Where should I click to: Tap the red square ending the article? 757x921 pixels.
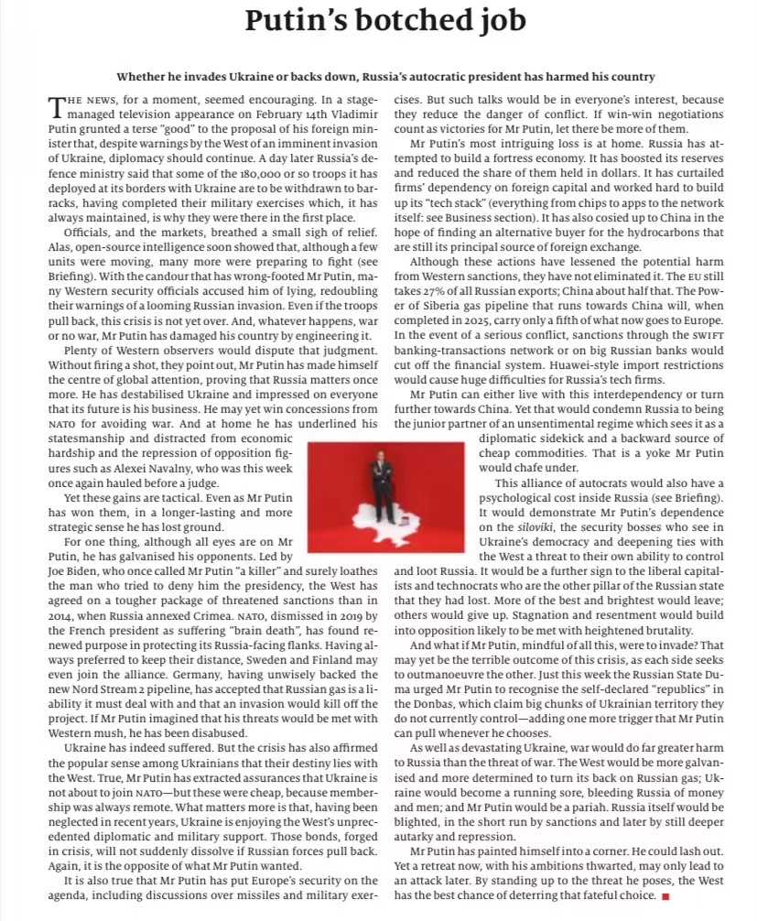click(x=665, y=896)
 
